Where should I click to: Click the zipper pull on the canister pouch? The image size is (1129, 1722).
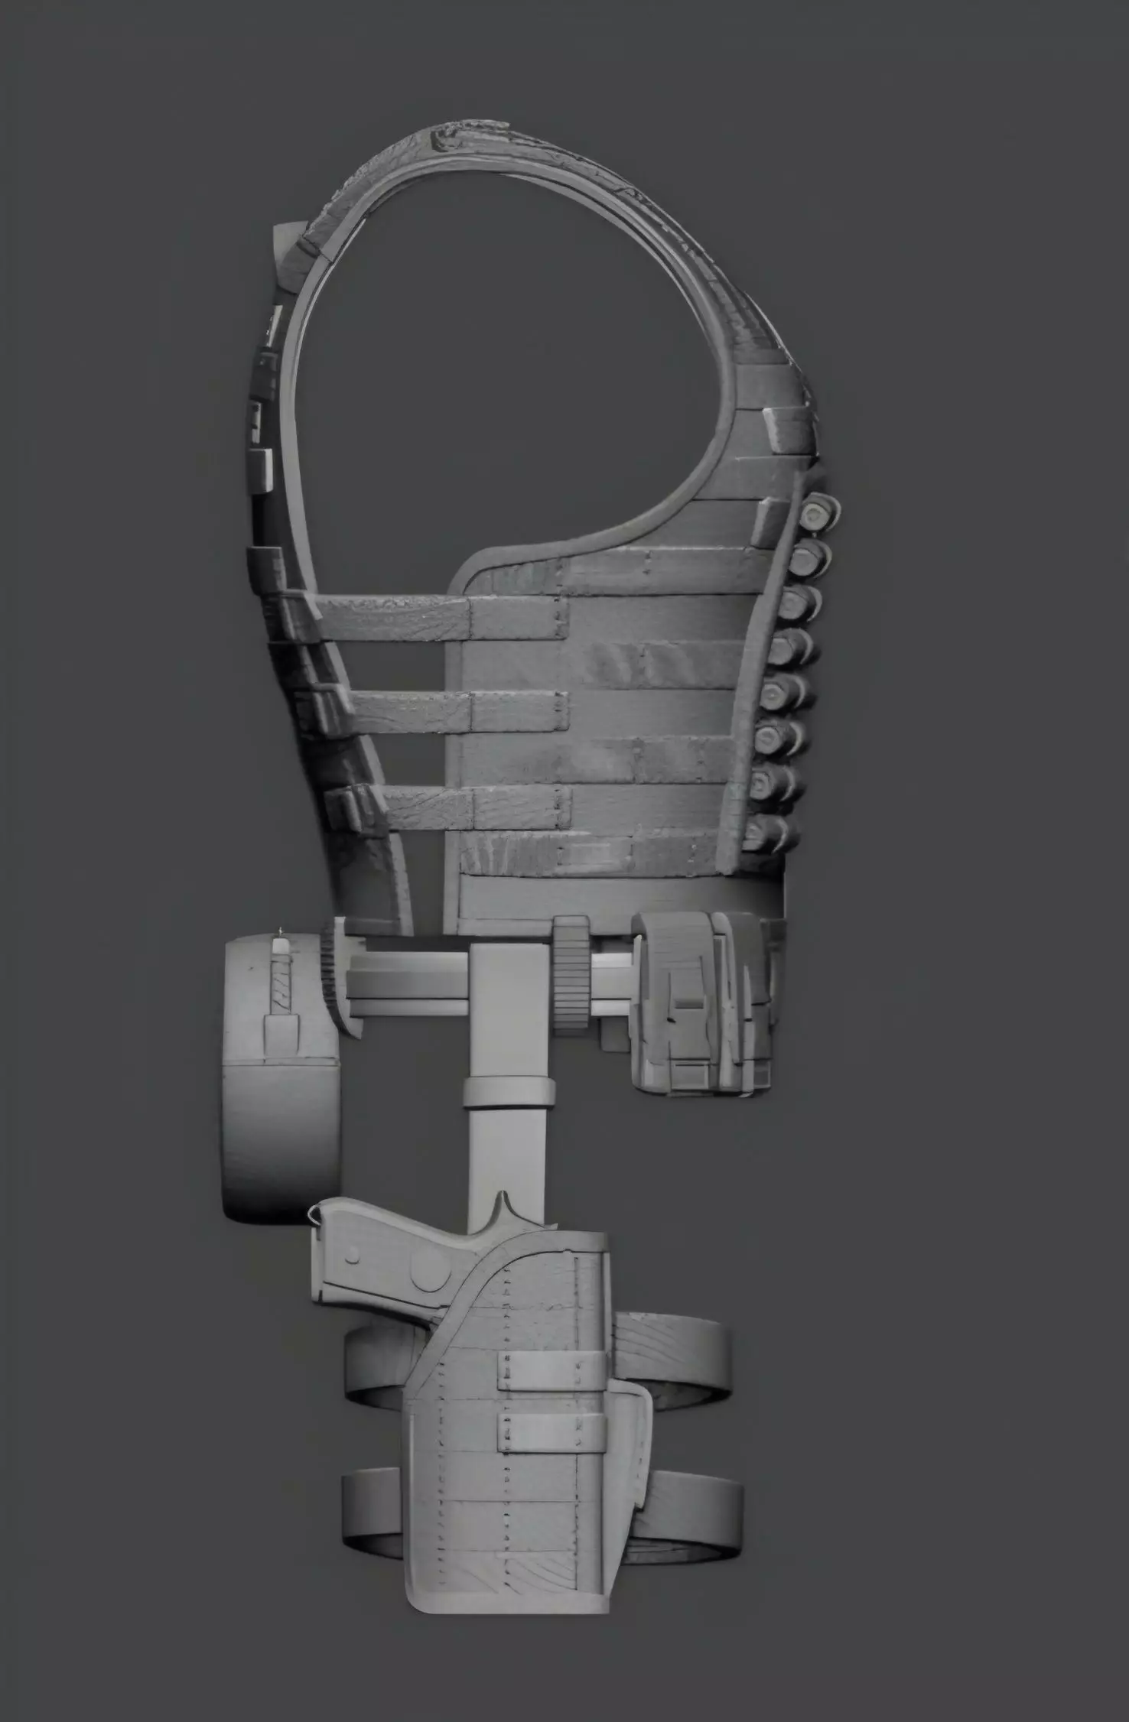[280, 947]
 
